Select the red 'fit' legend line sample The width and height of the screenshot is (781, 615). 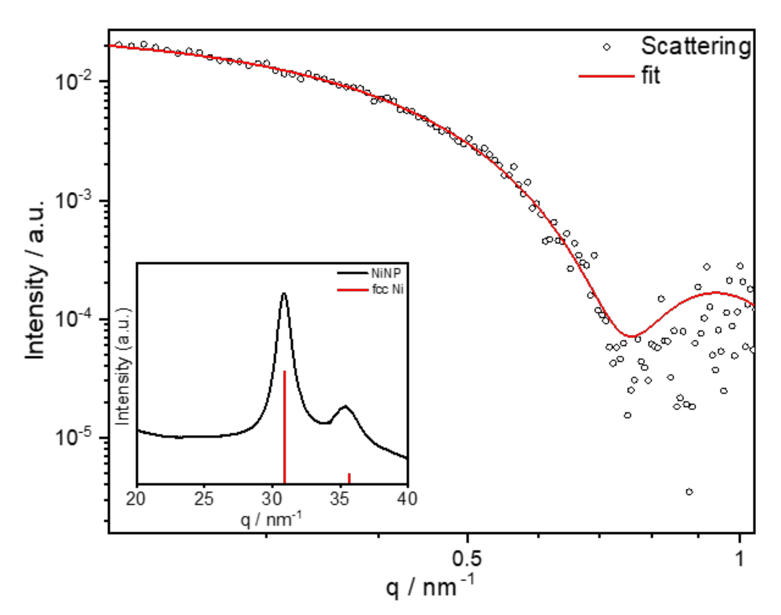click(606, 76)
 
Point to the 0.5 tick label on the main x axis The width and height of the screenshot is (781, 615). click(467, 559)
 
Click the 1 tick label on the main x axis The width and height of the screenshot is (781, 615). click(739, 559)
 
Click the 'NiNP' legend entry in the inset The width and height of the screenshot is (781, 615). click(386, 273)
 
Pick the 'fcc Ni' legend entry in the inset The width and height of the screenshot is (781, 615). click(388, 289)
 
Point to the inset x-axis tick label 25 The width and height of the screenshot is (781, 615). click(204, 499)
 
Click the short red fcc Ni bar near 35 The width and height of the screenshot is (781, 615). click(349, 478)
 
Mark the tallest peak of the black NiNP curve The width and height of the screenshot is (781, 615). click(284, 294)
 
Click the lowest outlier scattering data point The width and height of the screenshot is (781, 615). click(689, 492)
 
